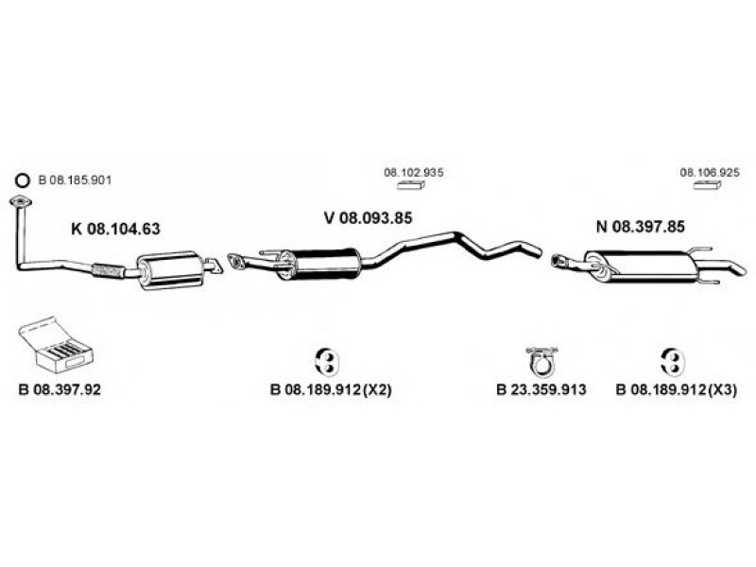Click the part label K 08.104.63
115,229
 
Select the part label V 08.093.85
369,218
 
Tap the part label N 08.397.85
641,226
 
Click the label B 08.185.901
75,180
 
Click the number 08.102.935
414,172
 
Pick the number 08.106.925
710,172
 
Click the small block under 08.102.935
411,185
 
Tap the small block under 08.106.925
707,185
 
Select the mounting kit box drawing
55,345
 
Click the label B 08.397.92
60,389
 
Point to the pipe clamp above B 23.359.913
541,360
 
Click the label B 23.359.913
541,389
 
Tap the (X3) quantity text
722,389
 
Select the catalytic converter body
170,270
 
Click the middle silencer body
320,264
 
